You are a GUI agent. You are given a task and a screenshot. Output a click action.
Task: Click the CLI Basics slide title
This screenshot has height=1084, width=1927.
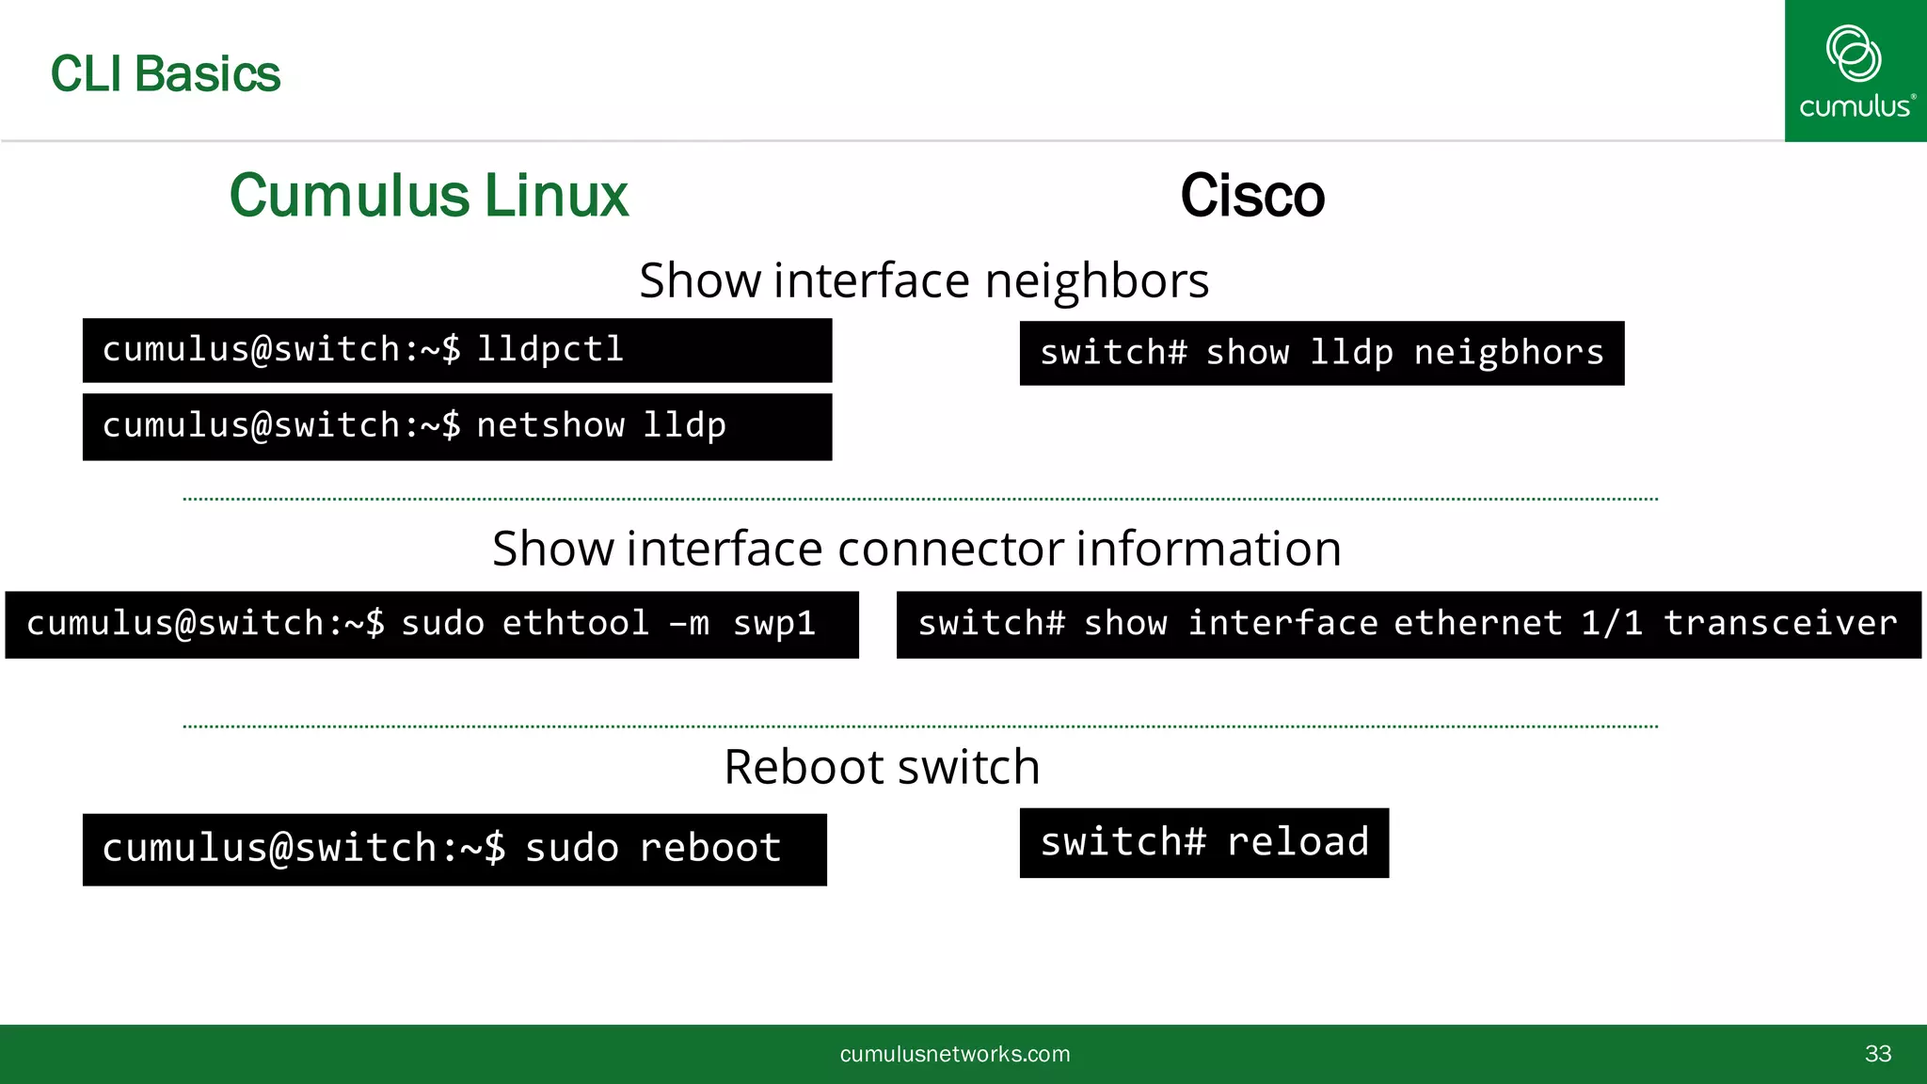coord(166,74)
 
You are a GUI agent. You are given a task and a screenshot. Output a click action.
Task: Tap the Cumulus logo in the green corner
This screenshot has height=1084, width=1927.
coord(1855,71)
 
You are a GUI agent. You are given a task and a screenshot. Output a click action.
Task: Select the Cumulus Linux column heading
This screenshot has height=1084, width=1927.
coord(429,196)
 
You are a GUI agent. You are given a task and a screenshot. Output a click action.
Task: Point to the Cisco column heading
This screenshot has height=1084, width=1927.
coord(1252,196)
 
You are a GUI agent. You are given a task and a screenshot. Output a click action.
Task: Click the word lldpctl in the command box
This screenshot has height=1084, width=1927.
coord(550,350)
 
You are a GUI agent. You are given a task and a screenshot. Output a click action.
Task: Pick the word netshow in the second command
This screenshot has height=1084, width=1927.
coord(550,426)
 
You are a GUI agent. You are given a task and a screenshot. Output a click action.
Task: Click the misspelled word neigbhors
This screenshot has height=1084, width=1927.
coord(1509,353)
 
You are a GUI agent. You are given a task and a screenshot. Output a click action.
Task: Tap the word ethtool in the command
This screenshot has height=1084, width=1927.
coord(576,624)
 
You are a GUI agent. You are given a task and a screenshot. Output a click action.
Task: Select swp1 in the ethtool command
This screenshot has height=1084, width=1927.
coord(774,624)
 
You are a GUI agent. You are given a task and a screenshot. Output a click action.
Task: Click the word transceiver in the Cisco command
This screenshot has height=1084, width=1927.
coord(1780,624)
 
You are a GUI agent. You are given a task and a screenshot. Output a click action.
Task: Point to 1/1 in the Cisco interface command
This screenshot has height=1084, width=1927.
coord(1612,624)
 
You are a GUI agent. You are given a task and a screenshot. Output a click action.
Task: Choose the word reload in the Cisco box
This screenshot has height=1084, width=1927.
coord(1298,842)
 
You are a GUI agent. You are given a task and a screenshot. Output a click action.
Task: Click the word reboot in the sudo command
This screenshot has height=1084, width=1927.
coord(710,849)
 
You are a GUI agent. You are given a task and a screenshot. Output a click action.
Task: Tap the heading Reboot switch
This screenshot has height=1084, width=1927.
coord(882,767)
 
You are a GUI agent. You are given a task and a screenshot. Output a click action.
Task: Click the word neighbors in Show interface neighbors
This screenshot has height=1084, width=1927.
coord(1097,280)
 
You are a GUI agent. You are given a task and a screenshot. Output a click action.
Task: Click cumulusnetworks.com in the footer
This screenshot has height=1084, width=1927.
coord(955,1054)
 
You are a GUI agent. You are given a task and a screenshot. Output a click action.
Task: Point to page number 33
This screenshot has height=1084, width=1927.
coord(1878,1054)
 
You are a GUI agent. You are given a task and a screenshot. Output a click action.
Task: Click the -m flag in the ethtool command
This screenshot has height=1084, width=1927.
coord(689,624)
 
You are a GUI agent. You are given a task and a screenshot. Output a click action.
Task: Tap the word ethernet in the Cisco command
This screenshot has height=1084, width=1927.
coord(1478,624)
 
